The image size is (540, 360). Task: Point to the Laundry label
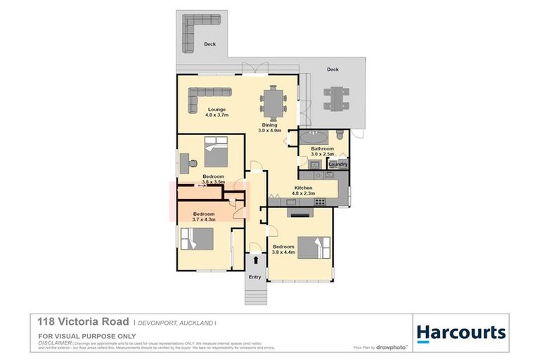click(338, 165)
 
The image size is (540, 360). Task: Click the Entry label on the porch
click(255, 276)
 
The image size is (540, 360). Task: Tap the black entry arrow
click(255, 260)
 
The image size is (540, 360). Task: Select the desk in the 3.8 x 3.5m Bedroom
click(191, 162)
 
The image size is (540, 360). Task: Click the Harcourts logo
click(460, 332)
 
